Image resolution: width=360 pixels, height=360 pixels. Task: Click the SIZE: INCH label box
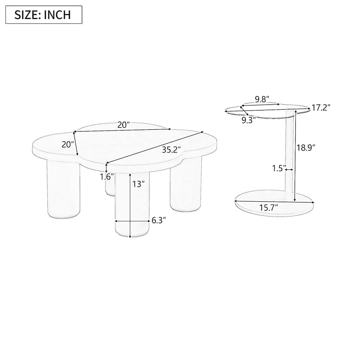[44, 15]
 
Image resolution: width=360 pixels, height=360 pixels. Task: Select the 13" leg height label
[138, 184]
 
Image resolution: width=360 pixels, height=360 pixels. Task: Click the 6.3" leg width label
[159, 221]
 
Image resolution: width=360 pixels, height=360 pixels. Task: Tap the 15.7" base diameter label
[269, 207]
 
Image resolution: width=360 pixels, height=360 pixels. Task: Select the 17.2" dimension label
[321, 108]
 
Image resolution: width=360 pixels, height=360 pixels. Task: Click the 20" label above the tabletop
[124, 124]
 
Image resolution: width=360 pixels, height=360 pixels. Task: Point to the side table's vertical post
[290, 155]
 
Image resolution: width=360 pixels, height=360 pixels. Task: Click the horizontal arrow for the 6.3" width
[132, 221]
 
